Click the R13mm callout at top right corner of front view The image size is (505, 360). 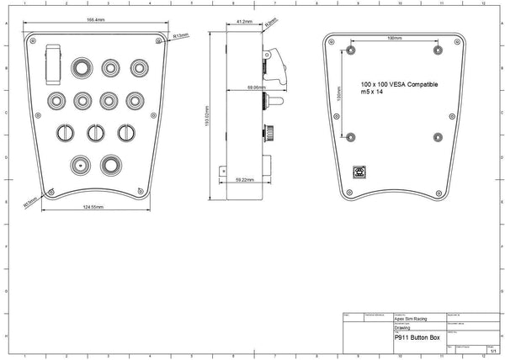coord(180,36)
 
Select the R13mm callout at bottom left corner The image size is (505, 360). coord(30,202)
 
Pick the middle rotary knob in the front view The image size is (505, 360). coord(96,132)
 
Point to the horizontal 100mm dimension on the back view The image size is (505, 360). coord(393,39)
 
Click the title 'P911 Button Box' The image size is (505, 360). coord(417,337)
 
